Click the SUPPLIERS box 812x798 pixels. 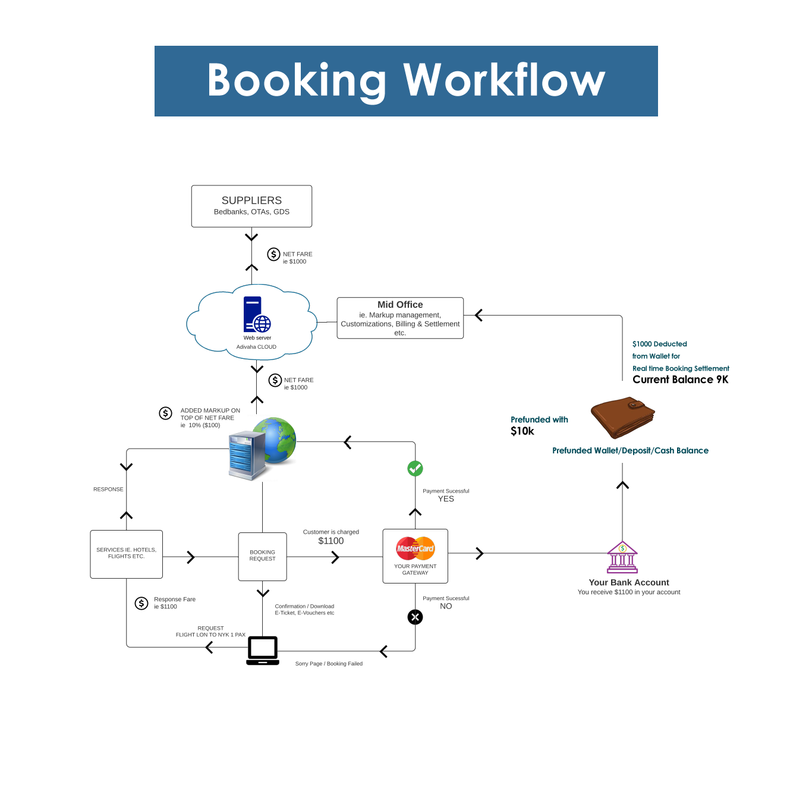(251, 206)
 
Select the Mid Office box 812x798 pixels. (400, 318)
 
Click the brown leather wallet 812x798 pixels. (622, 417)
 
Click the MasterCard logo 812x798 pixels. (415, 548)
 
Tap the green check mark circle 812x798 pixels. (415, 469)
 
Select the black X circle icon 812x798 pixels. (415, 617)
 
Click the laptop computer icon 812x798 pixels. (263, 650)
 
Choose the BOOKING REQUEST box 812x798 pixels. (262, 556)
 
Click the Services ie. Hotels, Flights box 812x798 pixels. (126, 554)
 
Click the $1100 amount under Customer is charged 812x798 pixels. (331, 541)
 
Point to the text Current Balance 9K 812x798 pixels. (680, 380)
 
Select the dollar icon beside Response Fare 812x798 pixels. (141, 604)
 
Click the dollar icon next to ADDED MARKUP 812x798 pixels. (166, 413)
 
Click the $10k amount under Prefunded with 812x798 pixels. (522, 431)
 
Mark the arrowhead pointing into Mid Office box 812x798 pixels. (479, 316)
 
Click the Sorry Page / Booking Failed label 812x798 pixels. (329, 664)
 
